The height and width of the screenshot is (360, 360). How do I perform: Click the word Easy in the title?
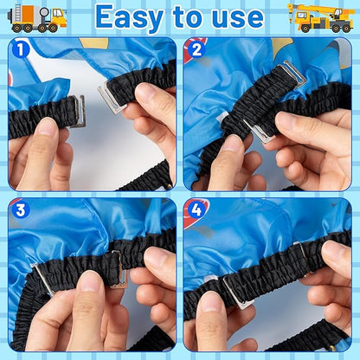pyautogui.click(x=130, y=17)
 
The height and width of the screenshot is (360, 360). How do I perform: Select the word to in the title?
pyautogui.click(x=188, y=17)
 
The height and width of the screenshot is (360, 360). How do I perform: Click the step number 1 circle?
pyautogui.click(x=21, y=50)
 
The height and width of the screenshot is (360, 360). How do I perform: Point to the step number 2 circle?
pyautogui.click(x=196, y=49)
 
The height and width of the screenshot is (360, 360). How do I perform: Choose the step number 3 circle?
pyautogui.click(x=21, y=210)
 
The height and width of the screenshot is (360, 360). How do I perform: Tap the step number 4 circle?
pyautogui.click(x=196, y=210)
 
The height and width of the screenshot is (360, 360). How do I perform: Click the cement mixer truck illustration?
pyautogui.click(x=37, y=18)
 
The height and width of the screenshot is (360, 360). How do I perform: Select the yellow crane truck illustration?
pyautogui.click(x=321, y=18)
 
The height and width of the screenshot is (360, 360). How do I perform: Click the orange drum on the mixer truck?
pyautogui.click(x=29, y=14)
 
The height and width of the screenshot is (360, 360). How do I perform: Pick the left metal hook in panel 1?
pyautogui.click(x=78, y=112)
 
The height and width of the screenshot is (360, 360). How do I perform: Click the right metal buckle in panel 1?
pyautogui.click(x=111, y=98)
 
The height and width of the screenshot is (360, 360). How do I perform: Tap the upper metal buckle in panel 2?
pyautogui.click(x=292, y=74)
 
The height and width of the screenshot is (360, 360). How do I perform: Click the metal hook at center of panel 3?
pyautogui.click(x=120, y=269)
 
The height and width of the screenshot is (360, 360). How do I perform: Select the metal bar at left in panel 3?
pyautogui.click(x=42, y=279)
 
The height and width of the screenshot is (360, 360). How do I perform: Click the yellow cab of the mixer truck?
pyautogui.click(x=59, y=17)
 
